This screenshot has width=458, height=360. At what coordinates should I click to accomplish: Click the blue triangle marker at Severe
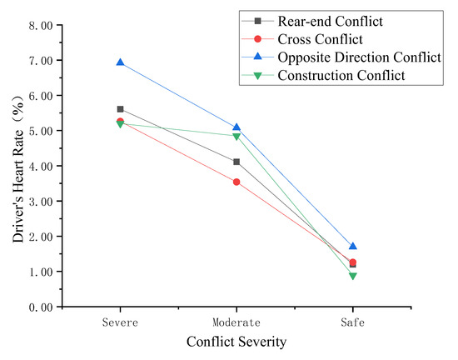coord(121,62)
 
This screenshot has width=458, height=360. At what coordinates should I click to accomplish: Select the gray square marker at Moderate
coord(236,162)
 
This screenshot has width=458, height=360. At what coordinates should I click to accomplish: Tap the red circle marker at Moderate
coord(236,182)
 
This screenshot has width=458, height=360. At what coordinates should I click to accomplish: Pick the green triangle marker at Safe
coord(353,276)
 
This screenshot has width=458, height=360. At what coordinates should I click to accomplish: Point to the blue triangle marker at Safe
coord(353,246)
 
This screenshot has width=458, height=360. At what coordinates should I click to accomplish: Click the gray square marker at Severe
coord(121,109)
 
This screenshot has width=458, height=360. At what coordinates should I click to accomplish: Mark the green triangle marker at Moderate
coord(236,137)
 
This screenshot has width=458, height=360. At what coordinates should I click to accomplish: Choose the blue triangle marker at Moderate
coord(236,127)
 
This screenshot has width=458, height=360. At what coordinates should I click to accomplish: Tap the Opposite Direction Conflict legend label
coord(359,57)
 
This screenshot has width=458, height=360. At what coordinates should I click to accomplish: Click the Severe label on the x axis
coord(121,322)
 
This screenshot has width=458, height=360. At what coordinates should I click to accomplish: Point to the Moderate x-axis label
coord(236,322)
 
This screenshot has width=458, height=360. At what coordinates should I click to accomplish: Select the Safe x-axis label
coord(353,322)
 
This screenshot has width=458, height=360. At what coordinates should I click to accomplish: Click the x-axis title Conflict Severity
coord(236,342)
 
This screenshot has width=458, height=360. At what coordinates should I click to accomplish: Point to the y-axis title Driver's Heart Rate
coord(17,166)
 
